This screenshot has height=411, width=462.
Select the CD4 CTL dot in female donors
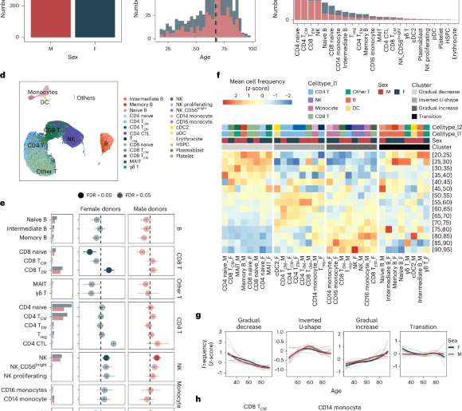pyautogui.click(x=114, y=343)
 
